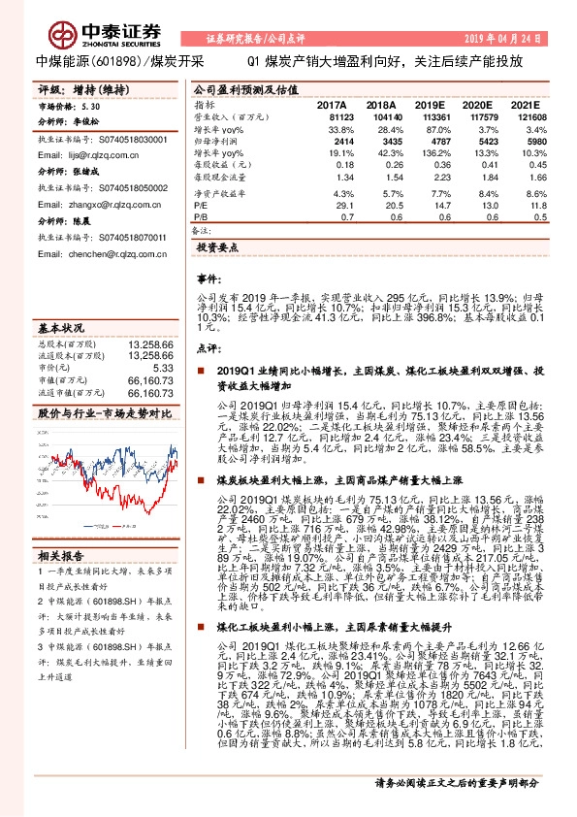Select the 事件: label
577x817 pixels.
point(209,278)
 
